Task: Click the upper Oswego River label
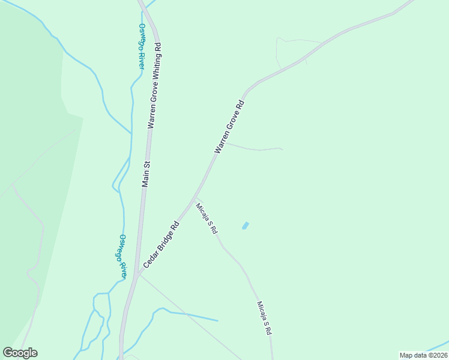142,46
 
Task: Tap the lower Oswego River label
122,256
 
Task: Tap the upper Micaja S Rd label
206,218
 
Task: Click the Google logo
20,353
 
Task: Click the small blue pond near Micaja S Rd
245,226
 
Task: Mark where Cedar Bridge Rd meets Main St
137,275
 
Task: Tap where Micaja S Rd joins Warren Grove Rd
196,199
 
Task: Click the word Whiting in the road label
156,64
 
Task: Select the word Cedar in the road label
149,259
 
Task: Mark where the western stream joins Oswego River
131,133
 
